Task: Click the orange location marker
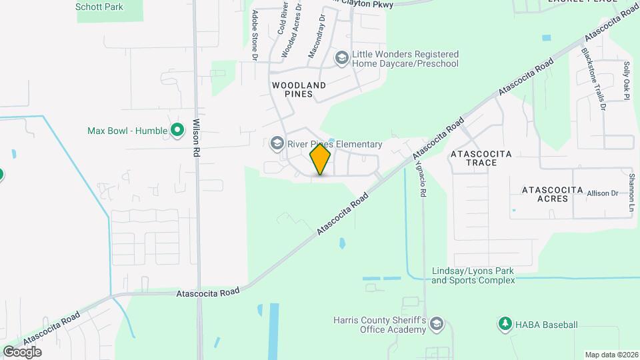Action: click(321, 159)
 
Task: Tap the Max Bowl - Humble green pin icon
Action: click(177, 130)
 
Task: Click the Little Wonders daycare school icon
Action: click(342, 59)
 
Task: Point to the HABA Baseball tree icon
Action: click(505, 325)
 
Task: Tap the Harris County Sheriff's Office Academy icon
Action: click(436, 325)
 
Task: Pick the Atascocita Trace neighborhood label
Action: click(481, 158)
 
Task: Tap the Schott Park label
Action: click(99, 7)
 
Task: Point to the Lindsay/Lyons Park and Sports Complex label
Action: click(473, 275)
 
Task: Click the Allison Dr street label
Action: click(603, 193)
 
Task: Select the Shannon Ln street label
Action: click(631, 193)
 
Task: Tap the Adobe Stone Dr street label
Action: click(255, 35)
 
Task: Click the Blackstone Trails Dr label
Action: click(593, 79)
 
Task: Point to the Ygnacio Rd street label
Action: click(421, 177)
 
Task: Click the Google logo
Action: click(22, 351)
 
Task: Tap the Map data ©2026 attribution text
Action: click(611, 355)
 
